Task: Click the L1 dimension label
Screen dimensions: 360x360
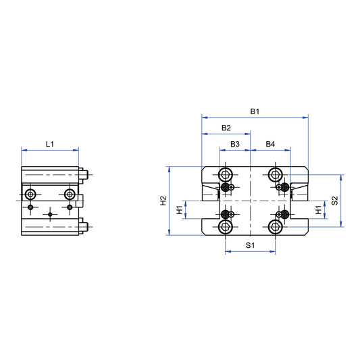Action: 49,144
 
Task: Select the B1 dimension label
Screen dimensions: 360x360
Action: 255,111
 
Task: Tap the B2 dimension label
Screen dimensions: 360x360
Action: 226,128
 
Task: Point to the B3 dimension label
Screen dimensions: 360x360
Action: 235,144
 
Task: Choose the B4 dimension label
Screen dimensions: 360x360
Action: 270,144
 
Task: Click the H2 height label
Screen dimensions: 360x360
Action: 163,201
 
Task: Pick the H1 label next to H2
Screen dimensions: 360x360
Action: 180,210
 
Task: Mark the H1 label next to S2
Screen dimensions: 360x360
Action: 318,210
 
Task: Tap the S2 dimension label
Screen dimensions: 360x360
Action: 335,201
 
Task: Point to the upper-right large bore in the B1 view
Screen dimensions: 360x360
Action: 275,173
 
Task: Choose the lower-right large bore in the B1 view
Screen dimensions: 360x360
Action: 275,228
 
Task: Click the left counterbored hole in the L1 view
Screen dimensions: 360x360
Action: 30,195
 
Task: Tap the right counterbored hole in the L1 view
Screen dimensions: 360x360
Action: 70,195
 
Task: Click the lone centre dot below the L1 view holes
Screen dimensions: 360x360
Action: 50,215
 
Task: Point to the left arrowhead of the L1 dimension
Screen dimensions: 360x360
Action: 24,150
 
